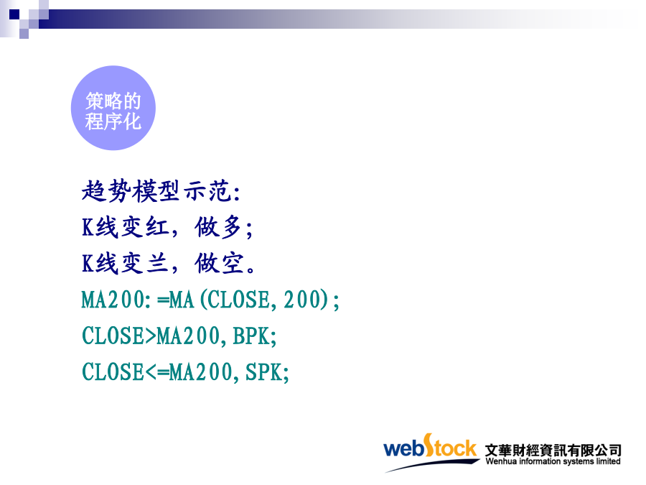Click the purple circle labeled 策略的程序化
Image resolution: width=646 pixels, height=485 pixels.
(113, 108)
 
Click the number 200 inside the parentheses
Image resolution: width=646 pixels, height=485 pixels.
(302, 300)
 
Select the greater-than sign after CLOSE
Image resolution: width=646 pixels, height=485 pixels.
(151, 336)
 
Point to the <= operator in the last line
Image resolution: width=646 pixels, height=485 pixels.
(156, 372)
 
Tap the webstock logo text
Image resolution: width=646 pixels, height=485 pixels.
(430, 447)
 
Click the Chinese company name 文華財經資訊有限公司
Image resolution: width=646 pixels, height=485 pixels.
(553, 450)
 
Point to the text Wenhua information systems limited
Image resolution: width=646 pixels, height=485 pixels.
(553, 461)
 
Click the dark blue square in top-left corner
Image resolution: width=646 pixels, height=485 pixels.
(14, 14)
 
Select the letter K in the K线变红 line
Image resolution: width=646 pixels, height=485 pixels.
(88, 227)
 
